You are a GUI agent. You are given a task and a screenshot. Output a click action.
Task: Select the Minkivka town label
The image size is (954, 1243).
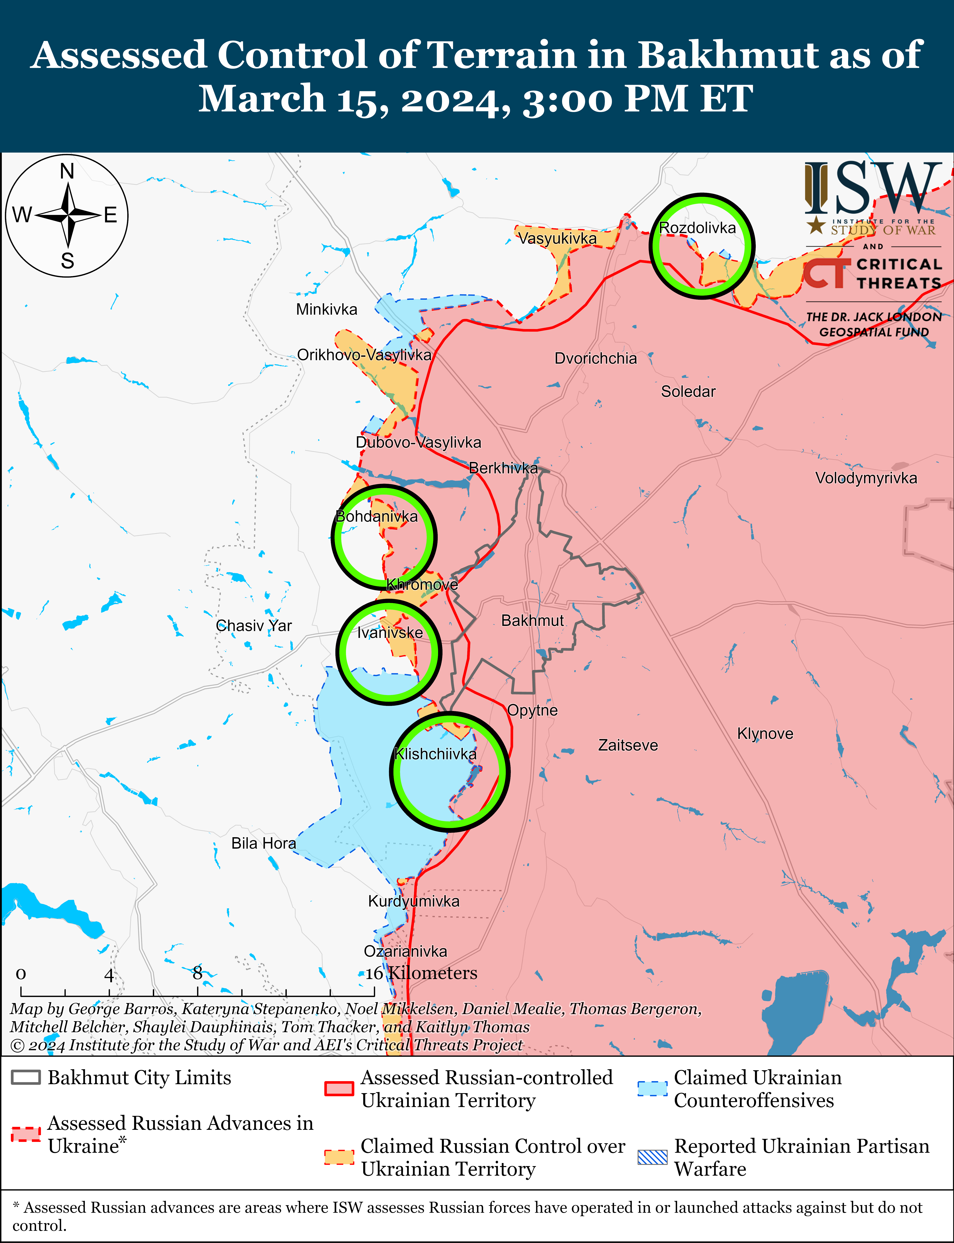(x=326, y=310)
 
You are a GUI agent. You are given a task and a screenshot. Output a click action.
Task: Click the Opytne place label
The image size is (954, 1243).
(x=532, y=710)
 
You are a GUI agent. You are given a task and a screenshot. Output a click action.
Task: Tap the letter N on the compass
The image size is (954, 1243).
(x=67, y=171)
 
